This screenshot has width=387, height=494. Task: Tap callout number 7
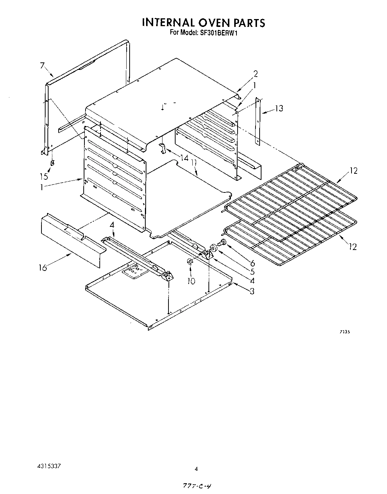[43, 66]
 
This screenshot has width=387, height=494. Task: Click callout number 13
[279, 108]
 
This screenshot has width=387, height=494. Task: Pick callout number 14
[184, 158]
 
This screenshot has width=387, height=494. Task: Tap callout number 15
[44, 176]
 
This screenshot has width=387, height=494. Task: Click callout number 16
[43, 268]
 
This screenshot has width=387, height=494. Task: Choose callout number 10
[191, 281]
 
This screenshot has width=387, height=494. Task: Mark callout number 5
[253, 272]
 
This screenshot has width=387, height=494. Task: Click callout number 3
[252, 291]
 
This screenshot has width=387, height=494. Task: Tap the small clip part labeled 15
[52, 163]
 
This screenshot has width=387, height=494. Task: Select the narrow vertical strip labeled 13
[258, 121]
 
